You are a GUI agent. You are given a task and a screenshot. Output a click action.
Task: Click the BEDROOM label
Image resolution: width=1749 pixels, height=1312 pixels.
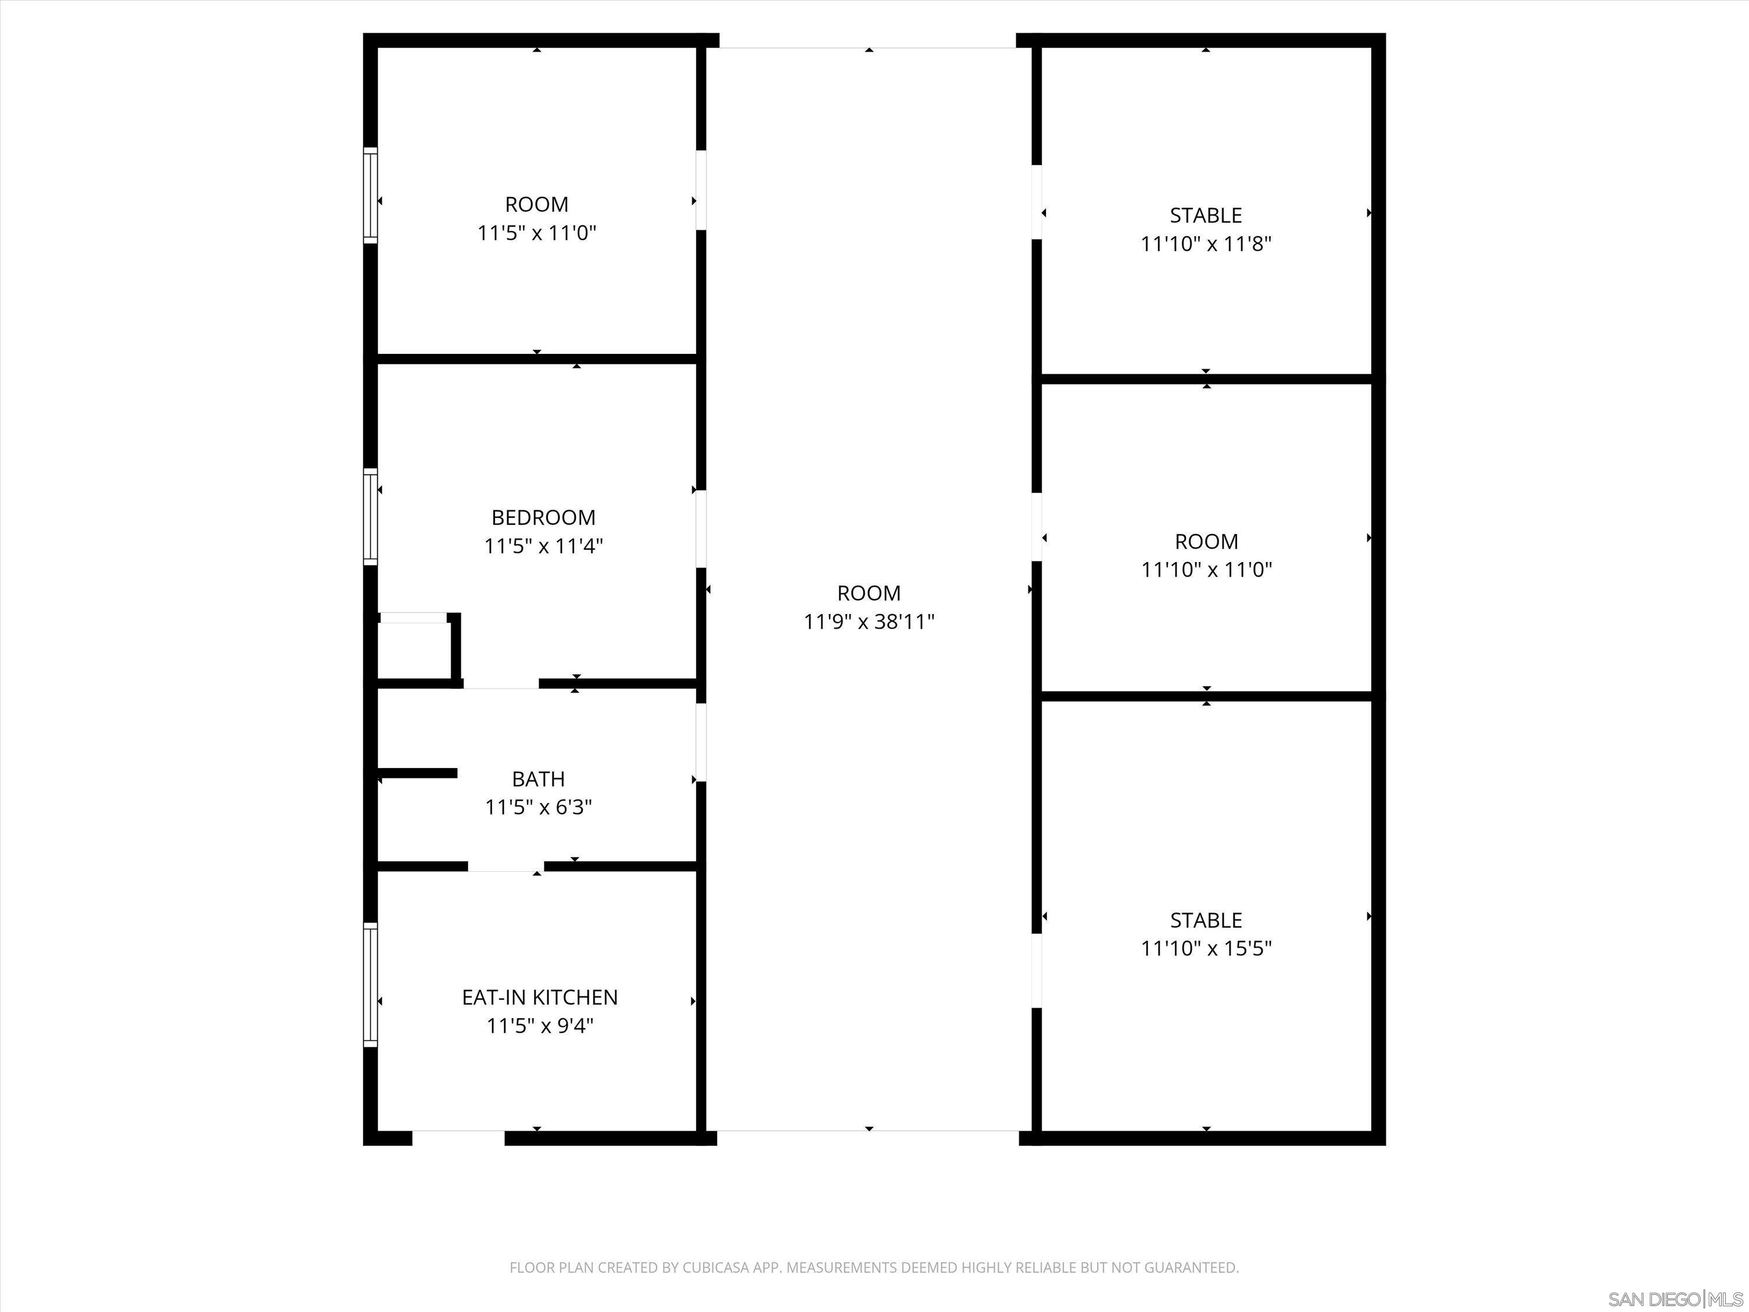(x=543, y=517)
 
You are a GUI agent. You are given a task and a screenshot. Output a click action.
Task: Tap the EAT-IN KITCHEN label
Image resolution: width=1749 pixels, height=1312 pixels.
(x=540, y=997)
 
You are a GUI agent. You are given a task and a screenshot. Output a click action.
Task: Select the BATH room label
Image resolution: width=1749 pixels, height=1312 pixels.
(x=539, y=779)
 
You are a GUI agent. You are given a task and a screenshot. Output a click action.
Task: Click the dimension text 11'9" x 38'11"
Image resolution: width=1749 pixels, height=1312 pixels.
(x=869, y=622)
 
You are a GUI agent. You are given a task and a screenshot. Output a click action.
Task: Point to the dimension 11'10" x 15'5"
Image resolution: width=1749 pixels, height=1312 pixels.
(x=1206, y=948)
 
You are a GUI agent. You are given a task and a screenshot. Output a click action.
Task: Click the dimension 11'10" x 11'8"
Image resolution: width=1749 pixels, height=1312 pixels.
(x=1206, y=244)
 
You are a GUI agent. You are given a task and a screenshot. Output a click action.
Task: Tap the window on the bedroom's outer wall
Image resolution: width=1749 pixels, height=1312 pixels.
(x=370, y=517)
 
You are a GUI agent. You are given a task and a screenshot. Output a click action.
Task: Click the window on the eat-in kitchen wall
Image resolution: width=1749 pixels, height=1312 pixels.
(x=370, y=985)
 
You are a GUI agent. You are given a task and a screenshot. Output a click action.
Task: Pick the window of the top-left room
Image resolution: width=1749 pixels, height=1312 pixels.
(x=370, y=195)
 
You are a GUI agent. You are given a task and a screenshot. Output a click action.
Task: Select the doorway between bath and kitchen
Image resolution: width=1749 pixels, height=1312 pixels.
(x=505, y=867)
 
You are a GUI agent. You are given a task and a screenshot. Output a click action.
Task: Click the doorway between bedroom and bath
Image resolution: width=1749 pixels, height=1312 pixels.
(x=500, y=684)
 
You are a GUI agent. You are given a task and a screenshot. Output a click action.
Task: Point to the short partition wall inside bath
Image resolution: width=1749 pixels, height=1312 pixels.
(x=417, y=773)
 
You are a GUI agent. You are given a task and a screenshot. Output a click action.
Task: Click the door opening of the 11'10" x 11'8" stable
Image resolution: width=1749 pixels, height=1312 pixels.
(x=1036, y=202)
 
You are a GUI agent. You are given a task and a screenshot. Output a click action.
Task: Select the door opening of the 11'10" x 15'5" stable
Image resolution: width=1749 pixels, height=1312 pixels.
(x=1036, y=970)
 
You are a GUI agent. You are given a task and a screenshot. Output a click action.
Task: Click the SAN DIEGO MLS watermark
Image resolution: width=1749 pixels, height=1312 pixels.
(x=1676, y=1299)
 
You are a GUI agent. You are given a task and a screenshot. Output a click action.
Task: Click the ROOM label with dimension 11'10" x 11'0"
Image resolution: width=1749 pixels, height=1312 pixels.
(x=1206, y=542)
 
